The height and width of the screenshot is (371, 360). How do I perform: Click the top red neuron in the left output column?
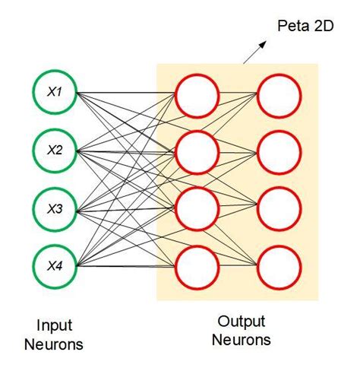(x=197, y=94)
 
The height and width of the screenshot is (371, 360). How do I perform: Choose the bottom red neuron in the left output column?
(x=197, y=267)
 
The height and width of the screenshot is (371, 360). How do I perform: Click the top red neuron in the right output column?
(x=279, y=94)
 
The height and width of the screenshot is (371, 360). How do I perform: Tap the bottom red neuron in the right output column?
(x=279, y=267)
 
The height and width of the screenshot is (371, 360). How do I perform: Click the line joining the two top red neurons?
(x=238, y=94)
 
